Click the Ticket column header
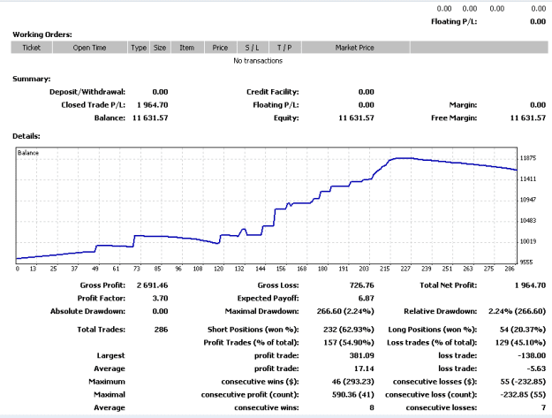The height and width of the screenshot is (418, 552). pos(32,48)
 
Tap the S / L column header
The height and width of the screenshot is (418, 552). pos(252,48)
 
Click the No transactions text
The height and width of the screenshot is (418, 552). pos(258,61)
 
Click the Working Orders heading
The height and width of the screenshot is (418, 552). pos(42,34)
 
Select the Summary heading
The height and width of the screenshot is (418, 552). pos(31,79)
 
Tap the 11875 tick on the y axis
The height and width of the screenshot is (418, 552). pos(528,158)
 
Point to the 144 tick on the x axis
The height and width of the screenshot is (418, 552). pos(261,269)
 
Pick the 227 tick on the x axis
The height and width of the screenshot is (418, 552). pos(405,269)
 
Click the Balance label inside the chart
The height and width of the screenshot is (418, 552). pos(28,153)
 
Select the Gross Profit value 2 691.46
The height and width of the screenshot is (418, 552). pos(153,285)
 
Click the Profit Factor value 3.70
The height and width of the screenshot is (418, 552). pos(160,299)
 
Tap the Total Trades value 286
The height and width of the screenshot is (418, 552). pos(161,330)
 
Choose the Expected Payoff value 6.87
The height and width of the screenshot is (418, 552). pos(367,299)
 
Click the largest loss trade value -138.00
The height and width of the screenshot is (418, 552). pos(532,355)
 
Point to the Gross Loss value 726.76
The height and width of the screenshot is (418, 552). pos(362,285)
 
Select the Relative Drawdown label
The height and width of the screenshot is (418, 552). pos(441,311)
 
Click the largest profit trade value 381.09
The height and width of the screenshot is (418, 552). pos(362,355)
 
